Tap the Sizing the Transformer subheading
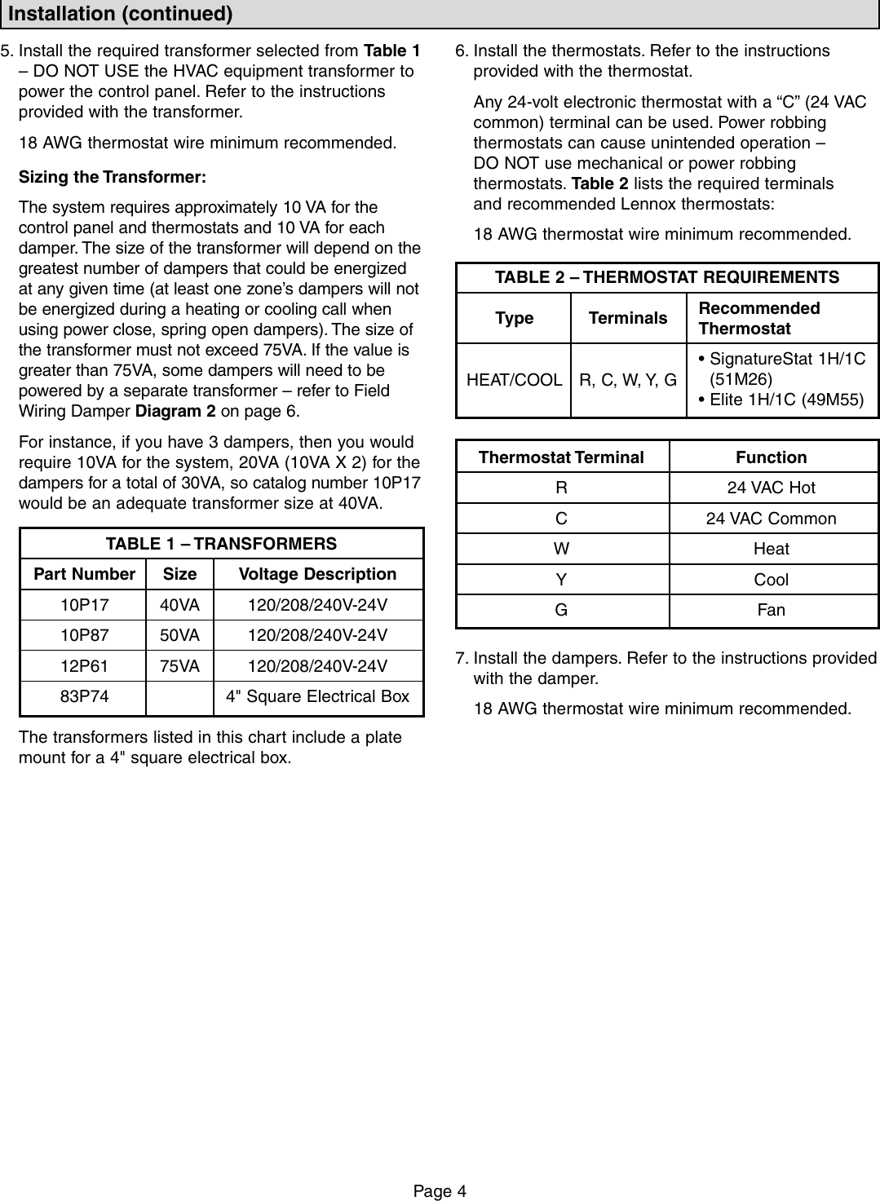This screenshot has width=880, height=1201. [x=113, y=177]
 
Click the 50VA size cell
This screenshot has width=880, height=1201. [x=179, y=635]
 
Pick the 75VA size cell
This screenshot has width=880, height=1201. [x=179, y=666]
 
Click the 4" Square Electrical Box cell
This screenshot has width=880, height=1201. [x=317, y=696]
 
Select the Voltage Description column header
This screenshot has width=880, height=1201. [x=317, y=574]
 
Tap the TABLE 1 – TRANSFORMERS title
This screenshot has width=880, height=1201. [x=221, y=544]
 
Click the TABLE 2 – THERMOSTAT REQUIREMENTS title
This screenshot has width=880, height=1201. [x=667, y=277]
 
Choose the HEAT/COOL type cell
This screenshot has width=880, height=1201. [x=514, y=380]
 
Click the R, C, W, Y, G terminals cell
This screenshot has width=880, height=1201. [x=628, y=380]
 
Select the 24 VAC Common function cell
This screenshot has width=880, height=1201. [x=771, y=519]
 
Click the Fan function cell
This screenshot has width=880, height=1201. [x=771, y=610]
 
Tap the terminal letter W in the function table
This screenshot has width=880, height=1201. [x=561, y=549]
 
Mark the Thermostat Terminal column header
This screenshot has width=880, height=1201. [x=561, y=457]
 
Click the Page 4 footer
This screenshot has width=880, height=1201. [x=440, y=1191]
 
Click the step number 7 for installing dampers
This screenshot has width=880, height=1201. [x=462, y=658]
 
